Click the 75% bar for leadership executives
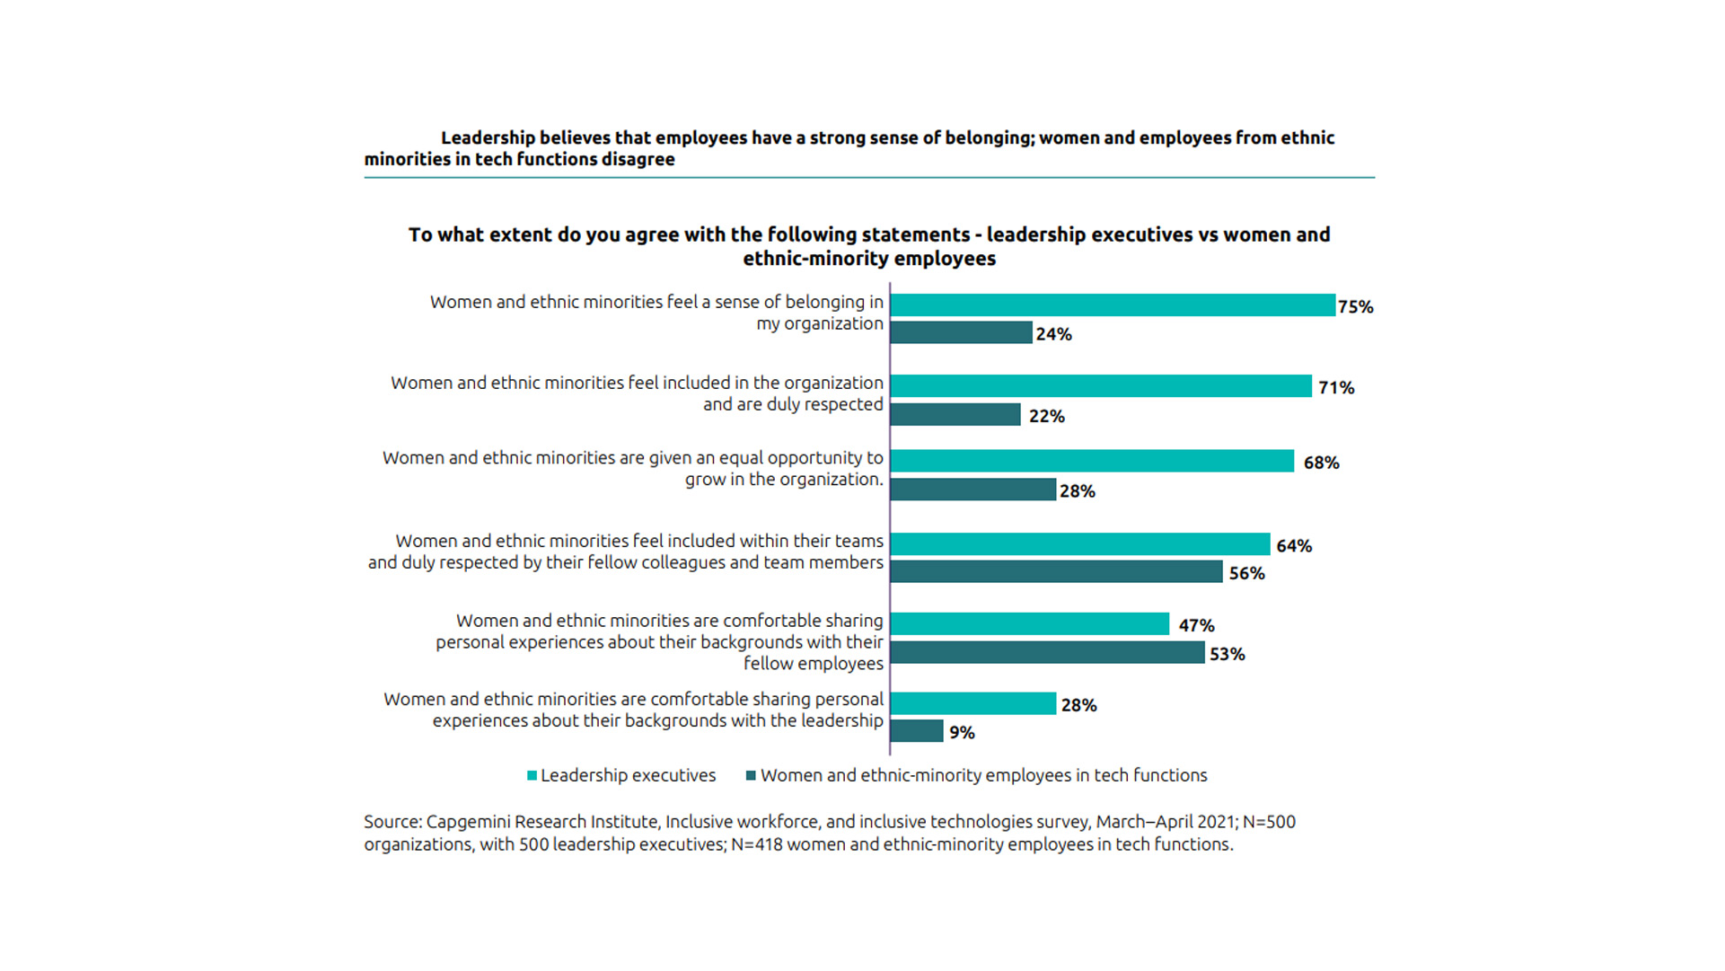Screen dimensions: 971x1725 tap(1113, 305)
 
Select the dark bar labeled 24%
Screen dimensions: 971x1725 tap(961, 333)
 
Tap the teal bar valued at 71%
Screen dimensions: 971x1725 tap(1101, 386)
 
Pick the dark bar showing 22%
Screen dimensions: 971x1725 tap(955, 414)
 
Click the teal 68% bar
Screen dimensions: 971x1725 tap(1092, 461)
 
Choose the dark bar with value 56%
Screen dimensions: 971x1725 tap(1056, 572)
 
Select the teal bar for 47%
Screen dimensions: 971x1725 tap(1030, 624)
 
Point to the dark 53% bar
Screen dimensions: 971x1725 tap(1047, 653)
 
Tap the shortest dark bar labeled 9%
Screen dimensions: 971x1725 tap(917, 731)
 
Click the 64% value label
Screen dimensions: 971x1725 tap(1294, 546)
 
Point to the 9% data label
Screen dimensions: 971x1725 tap(962, 733)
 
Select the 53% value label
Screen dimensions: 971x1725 tap(1227, 655)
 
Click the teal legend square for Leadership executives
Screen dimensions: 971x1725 tap(532, 776)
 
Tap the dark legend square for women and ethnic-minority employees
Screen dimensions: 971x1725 tap(751, 776)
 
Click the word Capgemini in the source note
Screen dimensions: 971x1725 tap(469, 822)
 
